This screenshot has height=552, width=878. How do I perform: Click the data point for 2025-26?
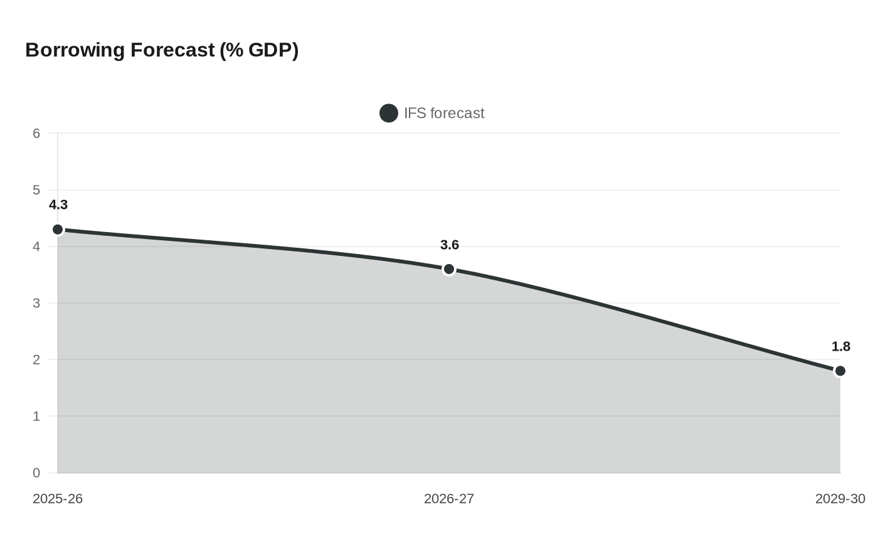(x=58, y=230)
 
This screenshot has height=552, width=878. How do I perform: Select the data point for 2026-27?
(x=449, y=269)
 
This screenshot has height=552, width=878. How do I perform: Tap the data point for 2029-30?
(x=840, y=371)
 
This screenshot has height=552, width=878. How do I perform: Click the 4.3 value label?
(x=58, y=205)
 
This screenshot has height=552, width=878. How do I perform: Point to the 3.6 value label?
(x=450, y=245)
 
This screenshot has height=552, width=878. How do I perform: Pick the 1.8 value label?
(x=840, y=347)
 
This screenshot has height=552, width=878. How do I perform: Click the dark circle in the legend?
(x=389, y=114)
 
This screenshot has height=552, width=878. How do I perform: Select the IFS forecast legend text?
(x=444, y=114)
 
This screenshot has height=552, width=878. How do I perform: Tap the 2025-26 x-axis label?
(x=58, y=499)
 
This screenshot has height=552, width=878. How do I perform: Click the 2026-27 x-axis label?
(x=449, y=499)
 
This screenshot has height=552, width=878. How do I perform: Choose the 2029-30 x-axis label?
(x=840, y=499)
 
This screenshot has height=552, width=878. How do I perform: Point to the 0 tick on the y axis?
(x=36, y=473)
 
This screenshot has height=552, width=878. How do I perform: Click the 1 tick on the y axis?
(x=36, y=417)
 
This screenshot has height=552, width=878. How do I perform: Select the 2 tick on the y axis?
(x=36, y=360)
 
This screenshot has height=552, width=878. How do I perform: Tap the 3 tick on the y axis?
(x=36, y=304)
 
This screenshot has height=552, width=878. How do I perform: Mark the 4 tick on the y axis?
(x=36, y=247)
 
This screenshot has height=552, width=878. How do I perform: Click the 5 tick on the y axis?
(x=36, y=190)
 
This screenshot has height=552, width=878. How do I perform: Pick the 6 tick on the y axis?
(x=36, y=134)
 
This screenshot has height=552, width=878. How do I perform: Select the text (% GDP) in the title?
(x=259, y=50)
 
